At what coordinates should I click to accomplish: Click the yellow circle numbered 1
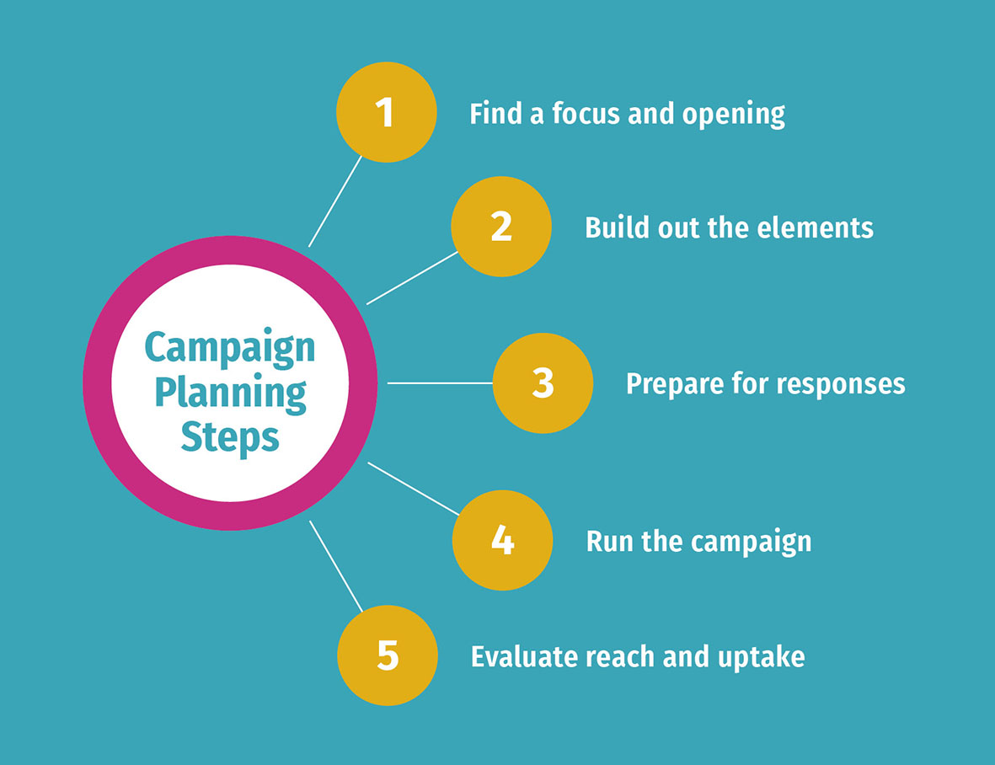[x=386, y=112]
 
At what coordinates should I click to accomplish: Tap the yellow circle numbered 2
[x=501, y=227]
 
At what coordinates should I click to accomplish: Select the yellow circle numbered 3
[x=543, y=383]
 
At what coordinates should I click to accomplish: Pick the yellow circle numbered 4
[x=502, y=540]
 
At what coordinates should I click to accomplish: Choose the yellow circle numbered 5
[x=388, y=655]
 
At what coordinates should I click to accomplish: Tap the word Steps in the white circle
[x=230, y=438]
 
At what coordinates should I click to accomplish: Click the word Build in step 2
[x=614, y=227]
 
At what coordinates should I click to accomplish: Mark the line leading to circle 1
[x=335, y=201]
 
